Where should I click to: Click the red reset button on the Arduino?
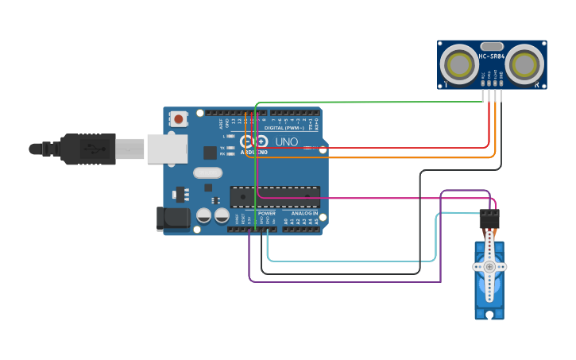click(x=179, y=119)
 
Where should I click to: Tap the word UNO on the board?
click(x=287, y=142)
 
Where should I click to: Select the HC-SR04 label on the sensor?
click(x=493, y=56)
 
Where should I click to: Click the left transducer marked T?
click(x=458, y=64)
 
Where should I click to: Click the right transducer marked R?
click(x=525, y=64)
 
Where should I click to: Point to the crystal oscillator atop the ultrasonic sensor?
click(x=492, y=46)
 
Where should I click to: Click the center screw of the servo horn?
click(x=489, y=266)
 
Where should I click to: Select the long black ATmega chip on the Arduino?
click(x=275, y=195)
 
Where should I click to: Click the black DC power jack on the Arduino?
click(x=172, y=219)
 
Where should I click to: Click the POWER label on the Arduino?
click(x=267, y=213)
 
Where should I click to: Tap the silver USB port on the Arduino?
click(x=167, y=149)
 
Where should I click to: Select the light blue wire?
click(x=350, y=261)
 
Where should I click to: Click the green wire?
click(x=365, y=102)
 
